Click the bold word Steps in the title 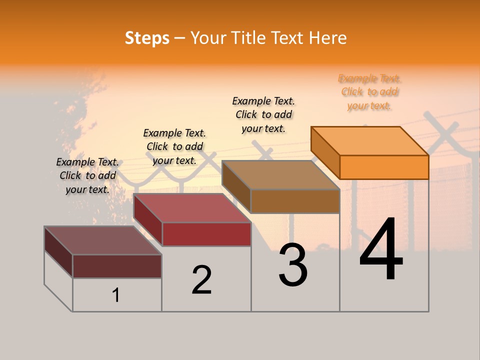click(147, 38)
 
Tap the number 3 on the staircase click(293, 265)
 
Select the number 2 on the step click(201, 280)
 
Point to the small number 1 click(116, 295)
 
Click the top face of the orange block click(370, 140)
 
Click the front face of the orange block click(384, 167)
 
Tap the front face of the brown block click(295, 201)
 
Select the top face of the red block click(192, 208)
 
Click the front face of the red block click(206, 234)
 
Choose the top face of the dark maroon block click(103, 240)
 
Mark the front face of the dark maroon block click(117, 266)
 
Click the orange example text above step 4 click(369, 92)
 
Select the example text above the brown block click(263, 114)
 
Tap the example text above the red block click(174, 146)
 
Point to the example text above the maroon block click(87, 175)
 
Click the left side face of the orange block click(325, 152)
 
